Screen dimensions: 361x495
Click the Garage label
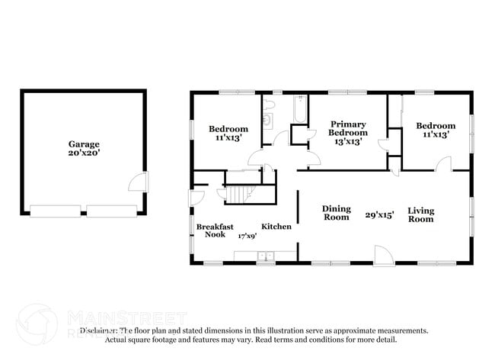tap(83, 143)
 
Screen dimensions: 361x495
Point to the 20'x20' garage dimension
tap(83, 153)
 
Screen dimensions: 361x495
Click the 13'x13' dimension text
tap(347, 142)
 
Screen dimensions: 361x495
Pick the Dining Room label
tap(336, 213)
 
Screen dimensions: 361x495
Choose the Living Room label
tap(420, 214)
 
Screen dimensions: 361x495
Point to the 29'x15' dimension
tap(379, 215)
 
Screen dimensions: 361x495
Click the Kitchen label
tap(276, 227)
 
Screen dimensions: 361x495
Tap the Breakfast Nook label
tap(215, 230)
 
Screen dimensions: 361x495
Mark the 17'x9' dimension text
tap(246, 236)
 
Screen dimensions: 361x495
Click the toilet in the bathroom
tap(267, 119)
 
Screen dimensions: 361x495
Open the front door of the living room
tap(383, 256)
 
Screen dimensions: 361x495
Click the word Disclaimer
tap(98, 330)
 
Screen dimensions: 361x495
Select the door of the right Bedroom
tap(443, 163)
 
